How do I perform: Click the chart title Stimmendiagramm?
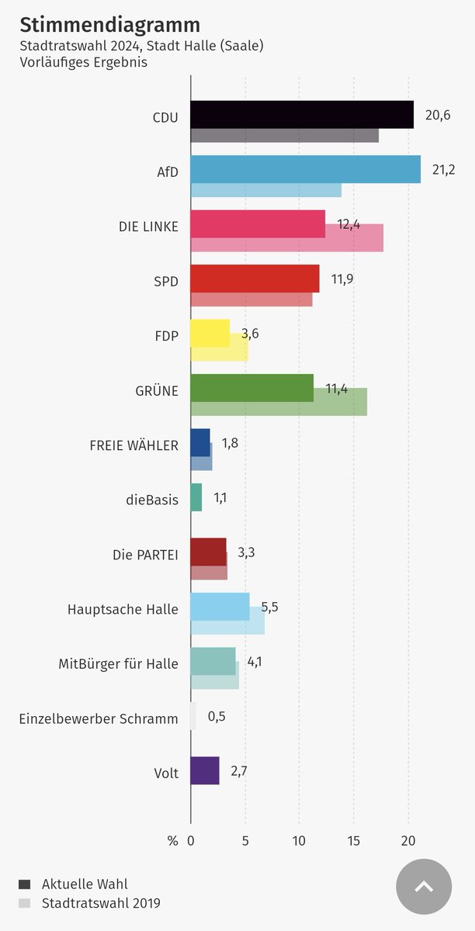[109, 25]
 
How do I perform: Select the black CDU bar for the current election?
[301, 114]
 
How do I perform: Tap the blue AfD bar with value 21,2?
[305, 169]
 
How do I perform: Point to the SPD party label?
[165, 282]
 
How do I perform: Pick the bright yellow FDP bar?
[210, 333]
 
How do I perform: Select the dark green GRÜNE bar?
[251, 388]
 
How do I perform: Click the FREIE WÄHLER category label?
[134, 446]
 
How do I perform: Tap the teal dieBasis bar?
[196, 497]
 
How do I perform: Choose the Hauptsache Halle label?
[123, 610]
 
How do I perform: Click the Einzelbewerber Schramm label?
[99, 719]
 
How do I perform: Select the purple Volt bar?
[205, 770]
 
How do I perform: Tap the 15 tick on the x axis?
[354, 841]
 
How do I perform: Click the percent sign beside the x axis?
[172, 841]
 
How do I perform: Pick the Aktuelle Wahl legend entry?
[84, 884]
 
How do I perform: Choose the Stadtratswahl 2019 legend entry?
[101, 903]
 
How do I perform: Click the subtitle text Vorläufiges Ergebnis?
[83, 62]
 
